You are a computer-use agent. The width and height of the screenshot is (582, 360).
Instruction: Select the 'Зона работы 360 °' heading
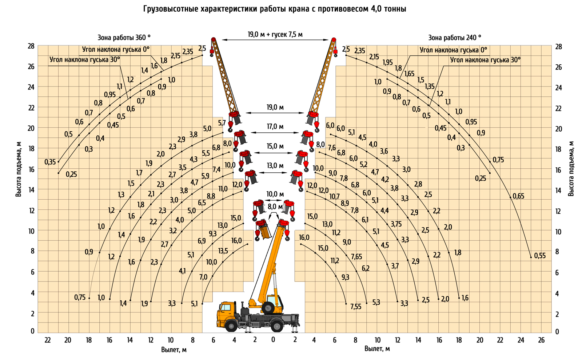(x=124, y=37)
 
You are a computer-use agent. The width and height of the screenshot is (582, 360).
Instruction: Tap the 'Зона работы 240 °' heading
(x=454, y=37)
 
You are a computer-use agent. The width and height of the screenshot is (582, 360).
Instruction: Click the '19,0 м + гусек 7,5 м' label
(x=275, y=35)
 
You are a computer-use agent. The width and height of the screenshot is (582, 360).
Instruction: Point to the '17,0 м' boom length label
(x=275, y=127)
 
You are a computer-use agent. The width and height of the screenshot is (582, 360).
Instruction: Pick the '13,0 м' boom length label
(x=275, y=166)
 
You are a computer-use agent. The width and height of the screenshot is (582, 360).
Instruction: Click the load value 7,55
(x=356, y=307)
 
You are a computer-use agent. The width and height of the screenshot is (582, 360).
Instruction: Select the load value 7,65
(x=356, y=257)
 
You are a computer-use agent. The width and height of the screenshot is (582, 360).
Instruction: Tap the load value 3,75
(x=396, y=224)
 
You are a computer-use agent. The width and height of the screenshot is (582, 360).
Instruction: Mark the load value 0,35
(x=50, y=162)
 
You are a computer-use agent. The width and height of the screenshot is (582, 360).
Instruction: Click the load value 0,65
(x=518, y=196)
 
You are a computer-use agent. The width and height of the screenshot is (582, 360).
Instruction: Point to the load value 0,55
(x=540, y=256)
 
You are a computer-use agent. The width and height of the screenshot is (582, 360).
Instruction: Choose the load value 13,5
(x=223, y=251)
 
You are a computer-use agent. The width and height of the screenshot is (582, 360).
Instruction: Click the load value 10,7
(x=334, y=197)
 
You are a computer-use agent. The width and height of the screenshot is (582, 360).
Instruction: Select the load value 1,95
(x=387, y=63)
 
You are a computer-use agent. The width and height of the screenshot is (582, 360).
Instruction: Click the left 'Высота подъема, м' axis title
(x=18, y=169)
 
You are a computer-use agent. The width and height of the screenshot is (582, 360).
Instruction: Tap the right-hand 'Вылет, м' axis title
(x=377, y=349)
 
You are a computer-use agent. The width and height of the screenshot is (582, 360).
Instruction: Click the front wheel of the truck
(x=231, y=326)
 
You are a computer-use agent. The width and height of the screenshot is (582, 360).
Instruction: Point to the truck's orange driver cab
(x=228, y=312)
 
